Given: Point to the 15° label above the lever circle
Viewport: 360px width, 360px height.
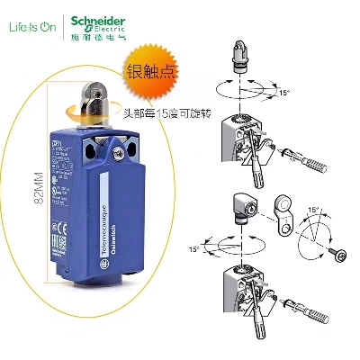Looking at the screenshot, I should coord(314,209).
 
